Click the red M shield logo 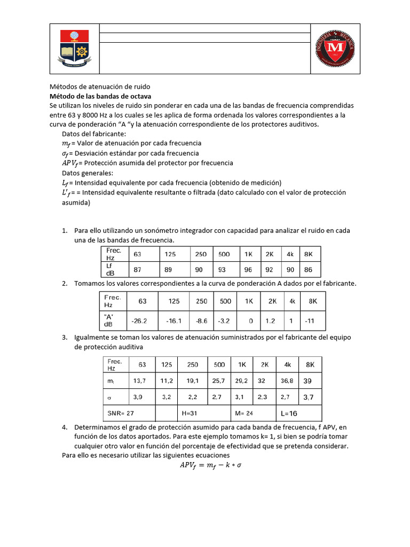(x=335, y=49)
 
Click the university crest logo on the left (x=74, y=49)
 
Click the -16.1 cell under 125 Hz (x=174, y=322)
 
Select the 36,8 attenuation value (x=288, y=381)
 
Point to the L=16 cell (x=289, y=413)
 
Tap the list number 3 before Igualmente (x=64, y=338)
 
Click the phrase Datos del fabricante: (x=94, y=134)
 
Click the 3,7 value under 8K (x=309, y=397)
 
